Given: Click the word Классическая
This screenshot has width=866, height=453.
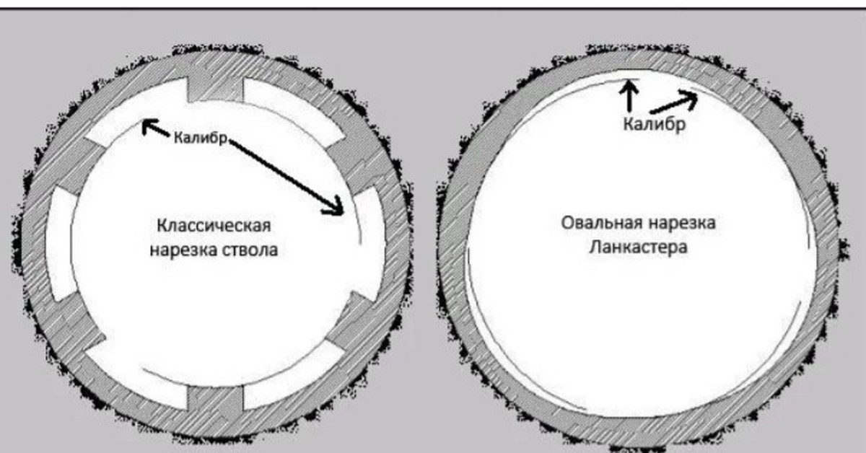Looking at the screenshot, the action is click(x=214, y=226).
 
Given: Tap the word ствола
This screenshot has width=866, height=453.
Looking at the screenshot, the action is click(x=250, y=250).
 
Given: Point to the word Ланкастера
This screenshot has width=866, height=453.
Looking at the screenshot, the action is click(x=638, y=247).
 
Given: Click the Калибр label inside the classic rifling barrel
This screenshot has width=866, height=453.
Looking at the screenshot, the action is click(x=201, y=138).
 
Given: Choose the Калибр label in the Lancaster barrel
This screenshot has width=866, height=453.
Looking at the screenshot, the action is click(x=655, y=125).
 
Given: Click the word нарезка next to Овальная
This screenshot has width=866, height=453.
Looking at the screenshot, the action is click(x=682, y=223).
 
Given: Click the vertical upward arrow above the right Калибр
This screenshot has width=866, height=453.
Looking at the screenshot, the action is click(x=630, y=94).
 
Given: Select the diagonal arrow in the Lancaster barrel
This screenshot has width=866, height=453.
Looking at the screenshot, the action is click(x=674, y=102).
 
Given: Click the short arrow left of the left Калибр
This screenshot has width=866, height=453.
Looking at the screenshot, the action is click(x=155, y=128).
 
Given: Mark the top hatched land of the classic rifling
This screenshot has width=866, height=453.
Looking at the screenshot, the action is click(x=215, y=88).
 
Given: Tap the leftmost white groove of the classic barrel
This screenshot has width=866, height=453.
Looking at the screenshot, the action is click(x=62, y=245).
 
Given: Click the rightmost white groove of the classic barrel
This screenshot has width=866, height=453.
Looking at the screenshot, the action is click(x=370, y=245).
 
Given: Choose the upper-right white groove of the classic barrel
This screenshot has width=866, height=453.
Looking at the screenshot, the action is click(x=294, y=111).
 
